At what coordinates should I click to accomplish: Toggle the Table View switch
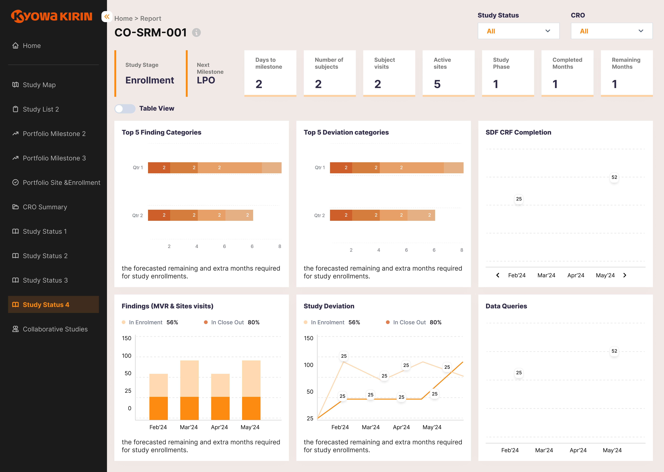(125, 109)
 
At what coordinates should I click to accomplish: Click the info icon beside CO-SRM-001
(197, 32)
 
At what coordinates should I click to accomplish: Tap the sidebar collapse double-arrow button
(107, 17)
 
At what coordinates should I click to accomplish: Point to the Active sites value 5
(437, 84)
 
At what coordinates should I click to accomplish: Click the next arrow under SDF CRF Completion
(625, 275)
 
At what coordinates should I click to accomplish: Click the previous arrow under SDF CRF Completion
(498, 275)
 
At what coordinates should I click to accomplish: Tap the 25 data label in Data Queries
(519, 373)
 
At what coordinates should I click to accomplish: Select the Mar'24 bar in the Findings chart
(189, 390)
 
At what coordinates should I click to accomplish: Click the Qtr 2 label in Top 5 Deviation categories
(320, 215)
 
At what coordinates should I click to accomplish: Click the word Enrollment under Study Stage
(150, 80)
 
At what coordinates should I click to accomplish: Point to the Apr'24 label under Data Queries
(578, 450)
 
